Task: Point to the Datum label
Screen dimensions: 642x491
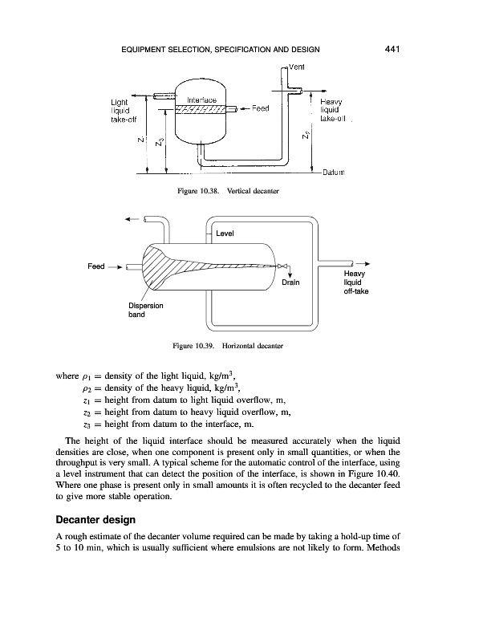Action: [332, 173]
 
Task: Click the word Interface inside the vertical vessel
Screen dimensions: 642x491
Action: [199, 100]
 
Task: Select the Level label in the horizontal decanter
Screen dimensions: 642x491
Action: [225, 234]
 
